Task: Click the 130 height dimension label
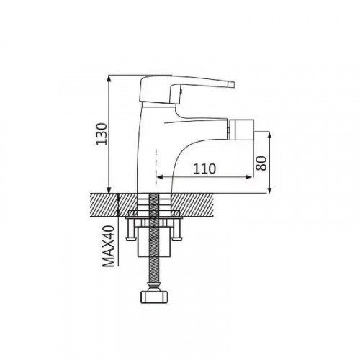[x=102, y=134]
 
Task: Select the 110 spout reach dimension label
[x=204, y=168]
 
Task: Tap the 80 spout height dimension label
[x=261, y=163]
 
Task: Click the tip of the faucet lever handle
[x=233, y=84]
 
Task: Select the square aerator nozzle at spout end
[x=241, y=130]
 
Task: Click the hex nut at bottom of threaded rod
[x=153, y=297]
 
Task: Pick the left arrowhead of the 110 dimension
[x=159, y=177]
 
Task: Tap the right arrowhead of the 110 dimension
[x=248, y=177]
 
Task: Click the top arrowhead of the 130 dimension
[x=109, y=78]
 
